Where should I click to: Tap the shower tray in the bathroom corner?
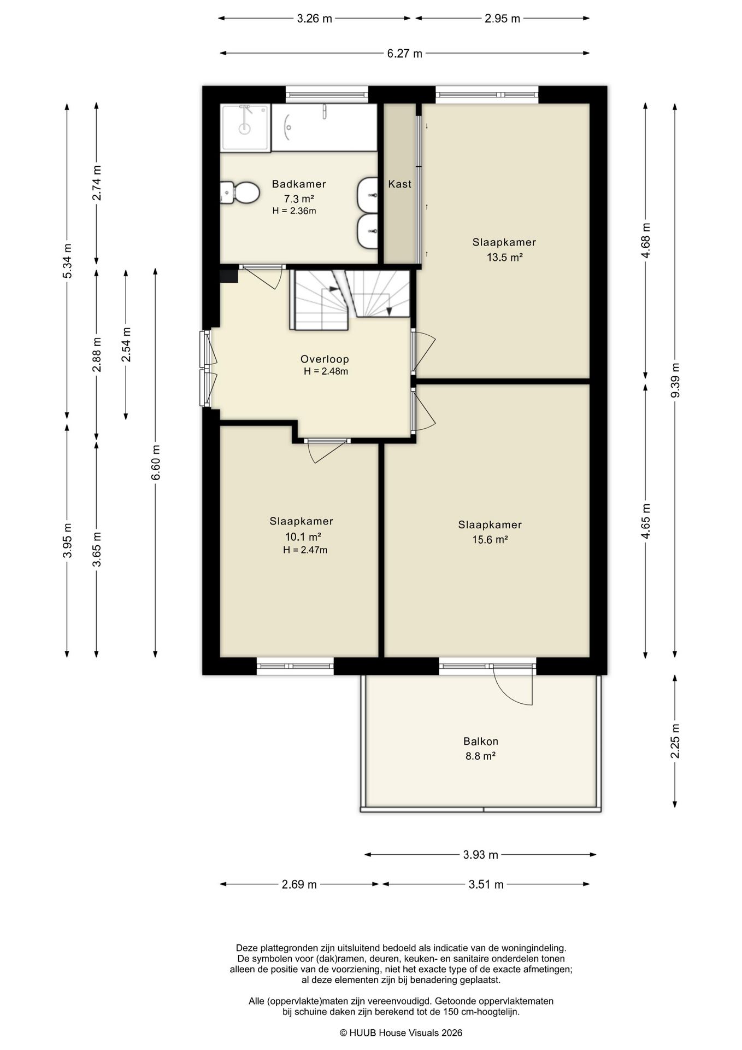pos(245,128)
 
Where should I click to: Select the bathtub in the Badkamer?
pos(325,127)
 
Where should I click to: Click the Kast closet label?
pos(399,184)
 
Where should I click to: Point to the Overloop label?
pos(325,359)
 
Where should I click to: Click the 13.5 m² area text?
pos(504,257)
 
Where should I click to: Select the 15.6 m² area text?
pos(490,540)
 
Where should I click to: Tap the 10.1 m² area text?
pos(303,536)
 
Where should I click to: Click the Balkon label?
pos(481,742)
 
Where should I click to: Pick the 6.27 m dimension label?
pos(404,54)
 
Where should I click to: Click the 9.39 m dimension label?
pos(675,381)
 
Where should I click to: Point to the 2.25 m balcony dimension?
pos(675,741)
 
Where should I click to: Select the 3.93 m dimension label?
pos(481,855)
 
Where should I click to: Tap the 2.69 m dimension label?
pos(299,884)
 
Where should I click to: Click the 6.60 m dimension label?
pos(156,463)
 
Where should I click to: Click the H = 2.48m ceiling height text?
pos(326,371)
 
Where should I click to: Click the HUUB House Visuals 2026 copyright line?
pos(401,1032)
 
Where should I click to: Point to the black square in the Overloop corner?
pos(229,275)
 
